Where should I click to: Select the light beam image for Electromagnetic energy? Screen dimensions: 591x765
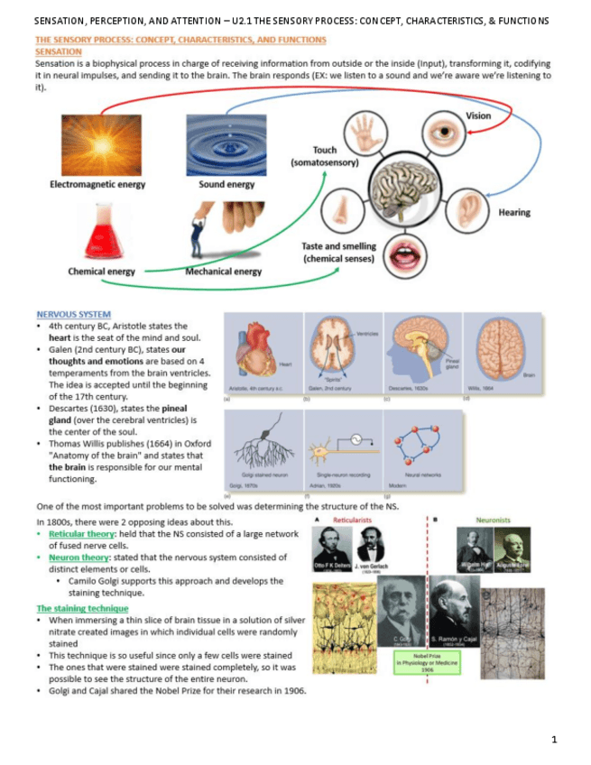98,144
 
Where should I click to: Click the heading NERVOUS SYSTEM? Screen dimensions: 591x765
66,315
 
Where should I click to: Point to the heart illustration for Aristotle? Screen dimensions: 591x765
258,350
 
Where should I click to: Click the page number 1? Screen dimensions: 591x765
554,740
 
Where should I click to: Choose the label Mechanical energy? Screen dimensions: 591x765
224,272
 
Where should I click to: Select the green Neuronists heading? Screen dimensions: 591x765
494,520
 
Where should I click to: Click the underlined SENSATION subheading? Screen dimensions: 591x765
58,52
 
